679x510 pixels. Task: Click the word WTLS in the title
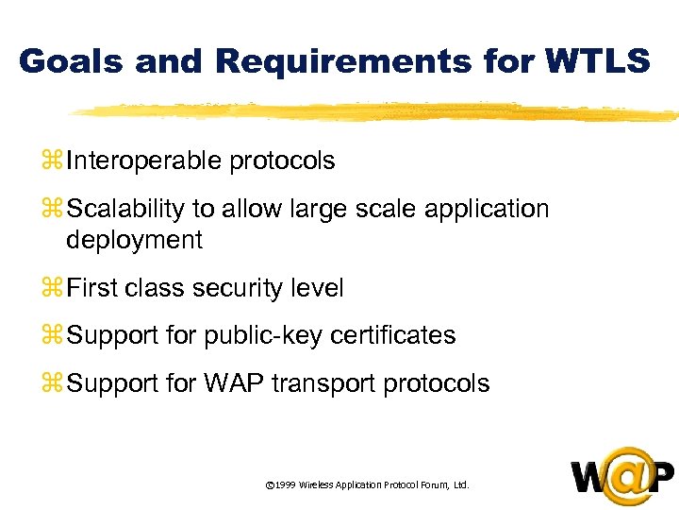(x=597, y=61)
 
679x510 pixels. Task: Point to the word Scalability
(x=127, y=208)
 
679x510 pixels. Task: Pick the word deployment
(x=134, y=240)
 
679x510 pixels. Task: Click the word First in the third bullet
(x=91, y=288)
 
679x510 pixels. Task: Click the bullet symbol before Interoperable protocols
(x=53, y=161)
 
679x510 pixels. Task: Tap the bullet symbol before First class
(x=53, y=289)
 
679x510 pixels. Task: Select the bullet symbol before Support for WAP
(x=53, y=383)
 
